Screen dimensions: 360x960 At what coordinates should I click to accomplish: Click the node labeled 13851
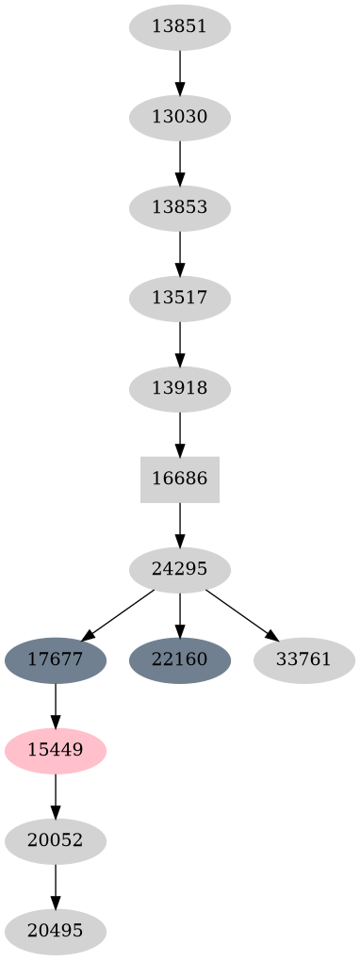(x=179, y=26)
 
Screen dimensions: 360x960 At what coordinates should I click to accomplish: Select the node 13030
(x=179, y=118)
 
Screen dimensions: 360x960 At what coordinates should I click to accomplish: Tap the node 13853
(x=179, y=207)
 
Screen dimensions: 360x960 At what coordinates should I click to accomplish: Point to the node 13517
(x=179, y=299)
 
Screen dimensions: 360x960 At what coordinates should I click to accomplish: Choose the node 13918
(x=179, y=388)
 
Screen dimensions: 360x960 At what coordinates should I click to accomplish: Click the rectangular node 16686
(x=179, y=479)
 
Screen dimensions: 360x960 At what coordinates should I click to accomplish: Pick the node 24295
(x=179, y=569)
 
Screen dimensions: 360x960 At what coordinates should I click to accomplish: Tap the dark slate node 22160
(x=179, y=659)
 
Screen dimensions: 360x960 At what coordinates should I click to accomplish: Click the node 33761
(x=303, y=659)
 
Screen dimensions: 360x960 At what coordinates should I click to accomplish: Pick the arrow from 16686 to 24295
(x=179, y=524)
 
